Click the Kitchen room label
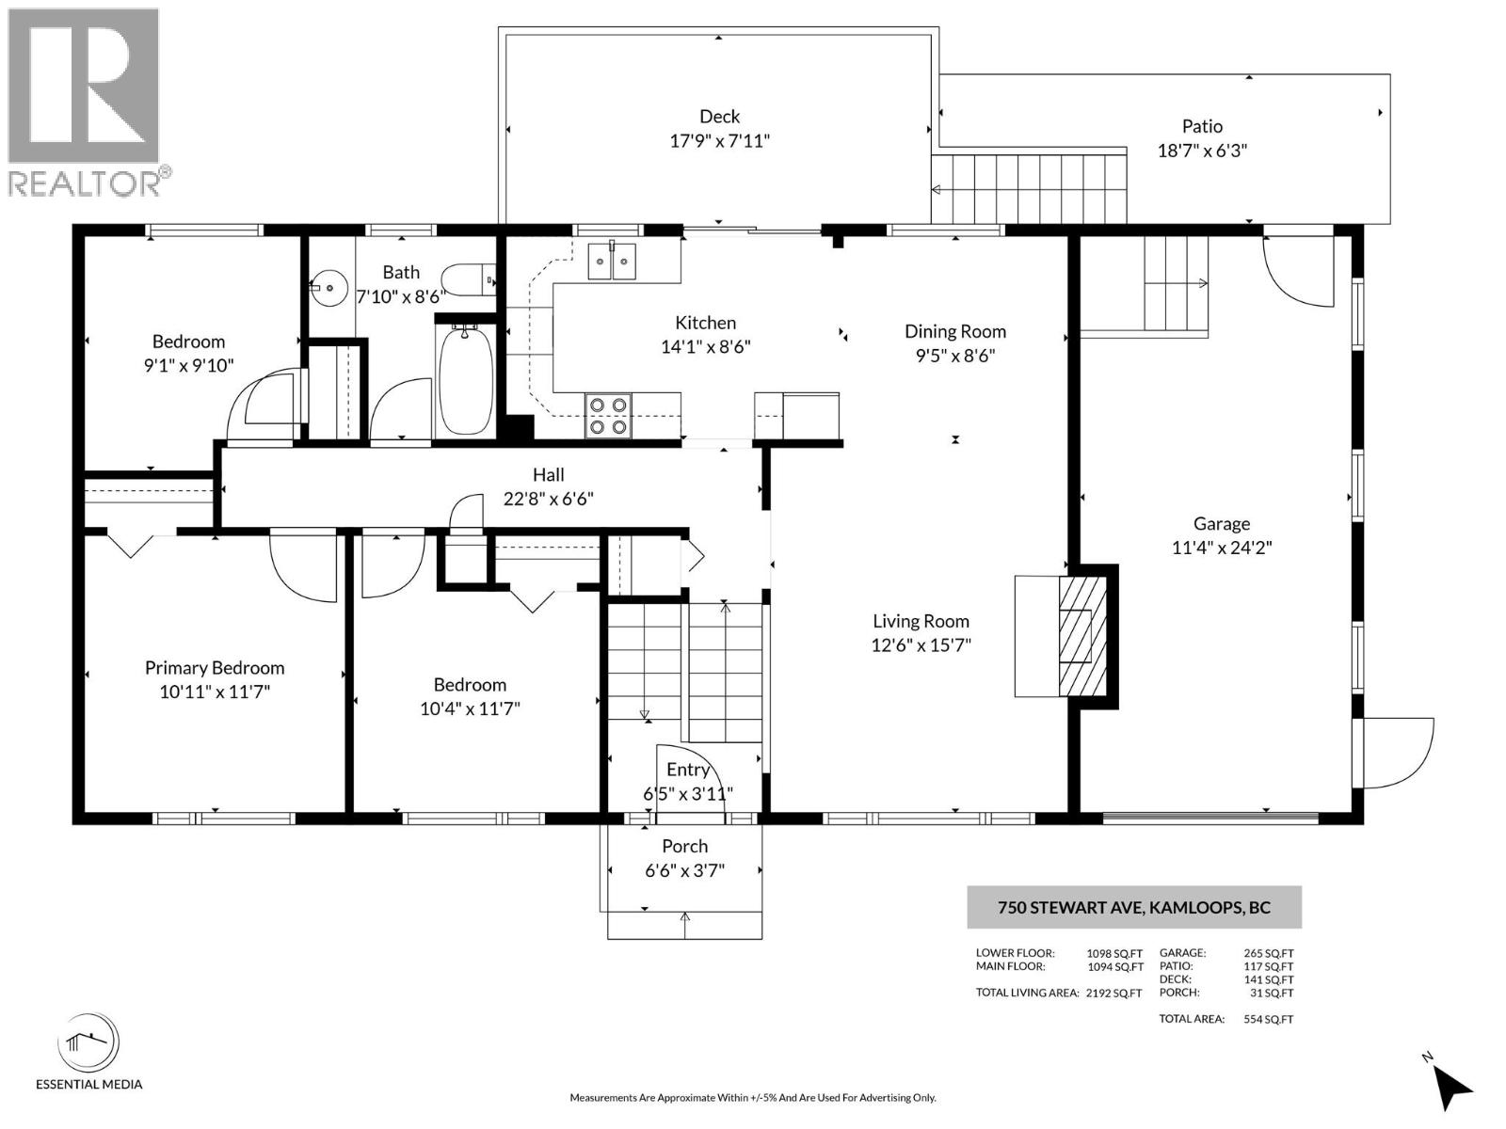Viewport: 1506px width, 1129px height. click(x=705, y=323)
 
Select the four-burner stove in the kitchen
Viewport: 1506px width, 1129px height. click(x=608, y=416)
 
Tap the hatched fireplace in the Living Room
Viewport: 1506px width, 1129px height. click(x=1082, y=636)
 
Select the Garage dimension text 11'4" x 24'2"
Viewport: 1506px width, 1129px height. click(x=1222, y=548)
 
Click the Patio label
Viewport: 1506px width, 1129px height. click(x=1202, y=126)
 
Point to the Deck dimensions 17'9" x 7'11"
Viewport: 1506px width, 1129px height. click(x=719, y=141)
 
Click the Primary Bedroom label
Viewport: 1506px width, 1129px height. click(x=215, y=668)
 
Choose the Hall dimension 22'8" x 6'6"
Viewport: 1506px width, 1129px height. click(x=548, y=499)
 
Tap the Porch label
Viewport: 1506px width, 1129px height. click(x=684, y=846)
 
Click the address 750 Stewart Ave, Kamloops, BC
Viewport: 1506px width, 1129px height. click(x=1133, y=908)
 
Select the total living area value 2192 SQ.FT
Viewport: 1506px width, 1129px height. click(x=1113, y=993)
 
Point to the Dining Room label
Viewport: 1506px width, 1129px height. click(x=954, y=331)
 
